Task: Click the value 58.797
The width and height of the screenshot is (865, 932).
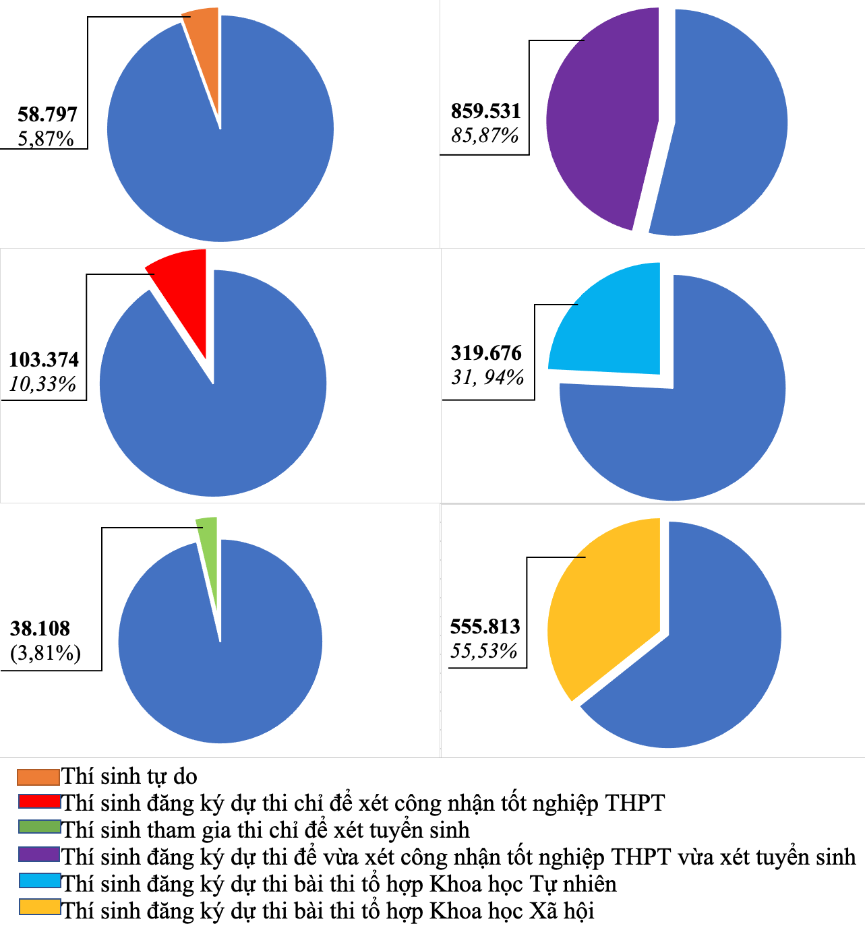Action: point(47,114)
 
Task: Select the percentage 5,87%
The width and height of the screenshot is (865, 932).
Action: point(46,138)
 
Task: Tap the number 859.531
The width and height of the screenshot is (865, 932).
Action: point(486,111)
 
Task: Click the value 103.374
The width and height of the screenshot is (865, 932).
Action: point(44,359)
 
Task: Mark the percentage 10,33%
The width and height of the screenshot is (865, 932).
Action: point(42,384)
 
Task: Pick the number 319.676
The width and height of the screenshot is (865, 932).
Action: point(486,352)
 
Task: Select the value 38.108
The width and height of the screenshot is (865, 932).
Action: point(40,628)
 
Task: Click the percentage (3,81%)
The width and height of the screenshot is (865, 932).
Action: point(46,652)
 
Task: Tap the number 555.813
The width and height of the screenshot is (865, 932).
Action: point(485,627)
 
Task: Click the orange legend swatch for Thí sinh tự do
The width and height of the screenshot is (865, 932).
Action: point(38,777)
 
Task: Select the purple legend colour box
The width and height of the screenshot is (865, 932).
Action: point(39,855)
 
